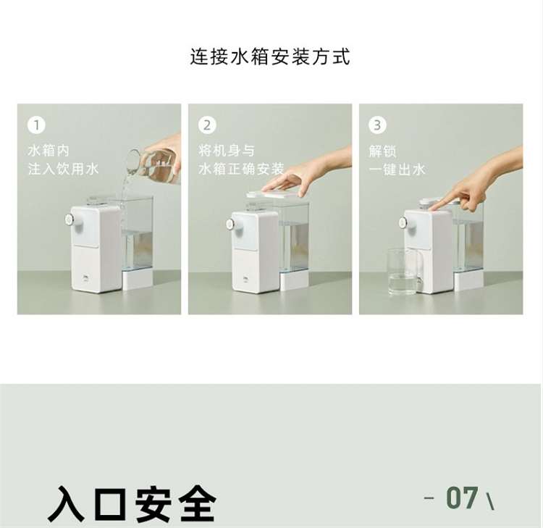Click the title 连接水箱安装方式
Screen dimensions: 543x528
(x=270, y=56)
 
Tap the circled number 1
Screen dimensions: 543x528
(x=36, y=125)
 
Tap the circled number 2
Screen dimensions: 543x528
(x=207, y=125)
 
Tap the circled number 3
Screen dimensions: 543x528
(x=377, y=125)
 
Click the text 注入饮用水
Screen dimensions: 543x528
(x=64, y=169)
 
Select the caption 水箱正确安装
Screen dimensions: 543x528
(x=241, y=169)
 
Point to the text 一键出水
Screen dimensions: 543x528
(x=397, y=169)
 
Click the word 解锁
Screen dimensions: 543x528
(x=383, y=151)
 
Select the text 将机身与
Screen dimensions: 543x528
(x=227, y=151)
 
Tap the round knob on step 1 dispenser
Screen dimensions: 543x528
(x=70, y=219)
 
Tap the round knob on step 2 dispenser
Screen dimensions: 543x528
(x=230, y=224)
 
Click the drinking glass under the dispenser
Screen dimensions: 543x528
(x=402, y=272)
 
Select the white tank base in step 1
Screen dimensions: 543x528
(x=138, y=280)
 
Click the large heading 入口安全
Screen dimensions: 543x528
(x=132, y=503)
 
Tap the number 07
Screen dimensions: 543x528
(x=463, y=498)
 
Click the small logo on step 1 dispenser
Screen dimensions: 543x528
(x=85, y=277)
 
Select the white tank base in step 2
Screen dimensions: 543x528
(x=294, y=281)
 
